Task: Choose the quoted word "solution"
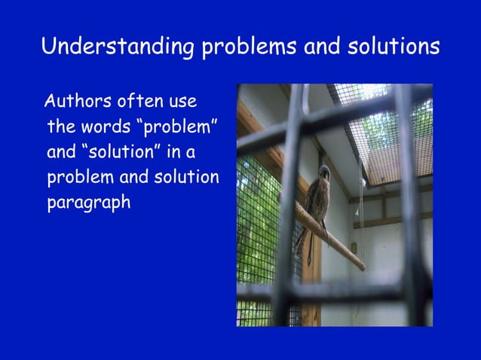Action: pyautogui.click(x=119, y=151)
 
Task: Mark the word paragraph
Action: pyautogui.click(x=89, y=204)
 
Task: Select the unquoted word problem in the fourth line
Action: pyautogui.click(x=77, y=178)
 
